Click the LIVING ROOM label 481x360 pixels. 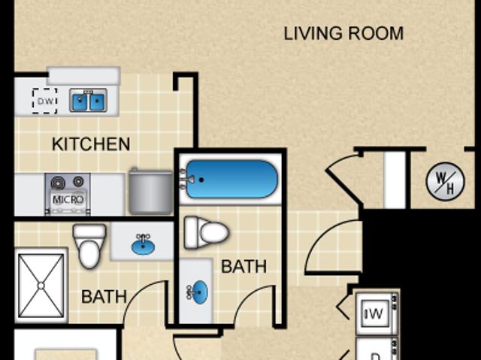point(343,33)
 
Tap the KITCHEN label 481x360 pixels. point(91,144)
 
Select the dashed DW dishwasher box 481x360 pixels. point(45,101)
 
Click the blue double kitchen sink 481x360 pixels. point(89,100)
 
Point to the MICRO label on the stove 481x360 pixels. point(68,200)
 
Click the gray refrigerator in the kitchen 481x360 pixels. point(150,192)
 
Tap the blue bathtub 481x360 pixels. point(232,180)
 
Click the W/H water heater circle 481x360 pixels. point(446,182)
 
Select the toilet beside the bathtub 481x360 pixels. point(206,232)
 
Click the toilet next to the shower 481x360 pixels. point(89,246)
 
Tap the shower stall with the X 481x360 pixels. point(41,286)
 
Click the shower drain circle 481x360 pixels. point(41,286)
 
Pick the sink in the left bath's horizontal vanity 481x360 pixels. point(143,245)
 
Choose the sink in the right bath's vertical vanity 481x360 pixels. point(198,292)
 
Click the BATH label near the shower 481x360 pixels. point(104,297)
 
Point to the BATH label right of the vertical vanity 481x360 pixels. point(244,267)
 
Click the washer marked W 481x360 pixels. point(375,313)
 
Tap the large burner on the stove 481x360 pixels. point(58,183)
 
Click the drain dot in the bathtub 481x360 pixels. point(201,180)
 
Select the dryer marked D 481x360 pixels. point(376,349)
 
